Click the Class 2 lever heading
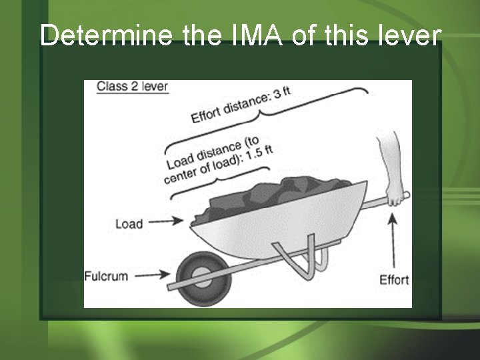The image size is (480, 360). pyautogui.click(x=132, y=87)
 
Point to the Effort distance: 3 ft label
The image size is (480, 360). pyautogui.click(x=241, y=105)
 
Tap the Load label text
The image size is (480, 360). pyautogui.click(x=129, y=224)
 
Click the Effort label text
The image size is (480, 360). pyautogui.click(x=394, y=279)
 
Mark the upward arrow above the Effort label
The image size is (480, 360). pyautogui.click(x=392, y=240)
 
